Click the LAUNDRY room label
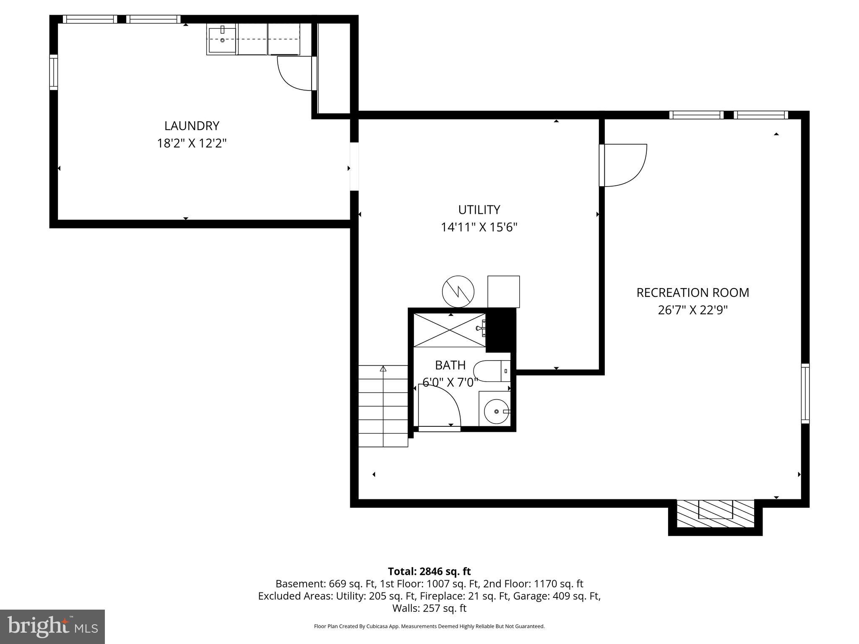[x=192, y=126]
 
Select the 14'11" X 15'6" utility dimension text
[x=479, y=227]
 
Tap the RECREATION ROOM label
[x=692, y=293]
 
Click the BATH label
[x=450, y=365]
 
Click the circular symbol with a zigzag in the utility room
[x=458, y=291]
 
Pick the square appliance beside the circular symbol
[x=503, y=291]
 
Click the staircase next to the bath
[x=383, y=406]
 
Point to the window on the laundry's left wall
[x=53, y=72]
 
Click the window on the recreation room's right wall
[x=805, y=393]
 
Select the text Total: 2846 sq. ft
[x=429, y=571]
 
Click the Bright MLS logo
[x=52, y=626]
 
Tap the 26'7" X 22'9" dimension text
[x=692, y=310]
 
